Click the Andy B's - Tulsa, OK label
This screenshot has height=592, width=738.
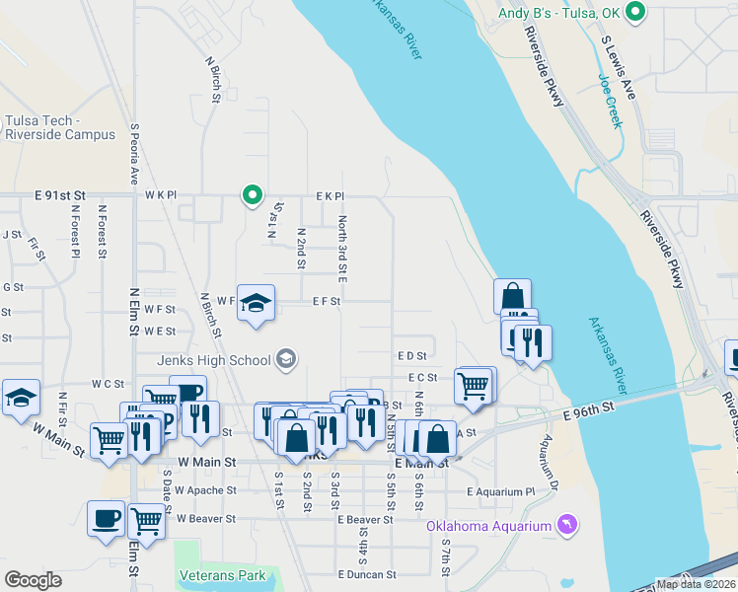(559, 13)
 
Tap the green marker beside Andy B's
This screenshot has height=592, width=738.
(636, 13)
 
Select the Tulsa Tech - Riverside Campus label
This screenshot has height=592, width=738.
(59, 127)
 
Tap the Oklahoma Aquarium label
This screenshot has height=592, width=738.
(488, 526)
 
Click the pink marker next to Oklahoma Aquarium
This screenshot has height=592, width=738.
(566, 523)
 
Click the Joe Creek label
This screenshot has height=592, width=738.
(611, 101)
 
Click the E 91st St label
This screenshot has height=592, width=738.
(61, 195)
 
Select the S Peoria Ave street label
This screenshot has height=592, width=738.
(134, 156)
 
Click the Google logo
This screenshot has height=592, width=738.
(33, 580)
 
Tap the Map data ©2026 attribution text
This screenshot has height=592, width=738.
(696, 584)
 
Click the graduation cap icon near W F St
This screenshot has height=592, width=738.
(256, 303)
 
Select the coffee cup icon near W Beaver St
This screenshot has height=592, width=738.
(107, 517)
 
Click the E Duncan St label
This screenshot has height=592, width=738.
(366, 573)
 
